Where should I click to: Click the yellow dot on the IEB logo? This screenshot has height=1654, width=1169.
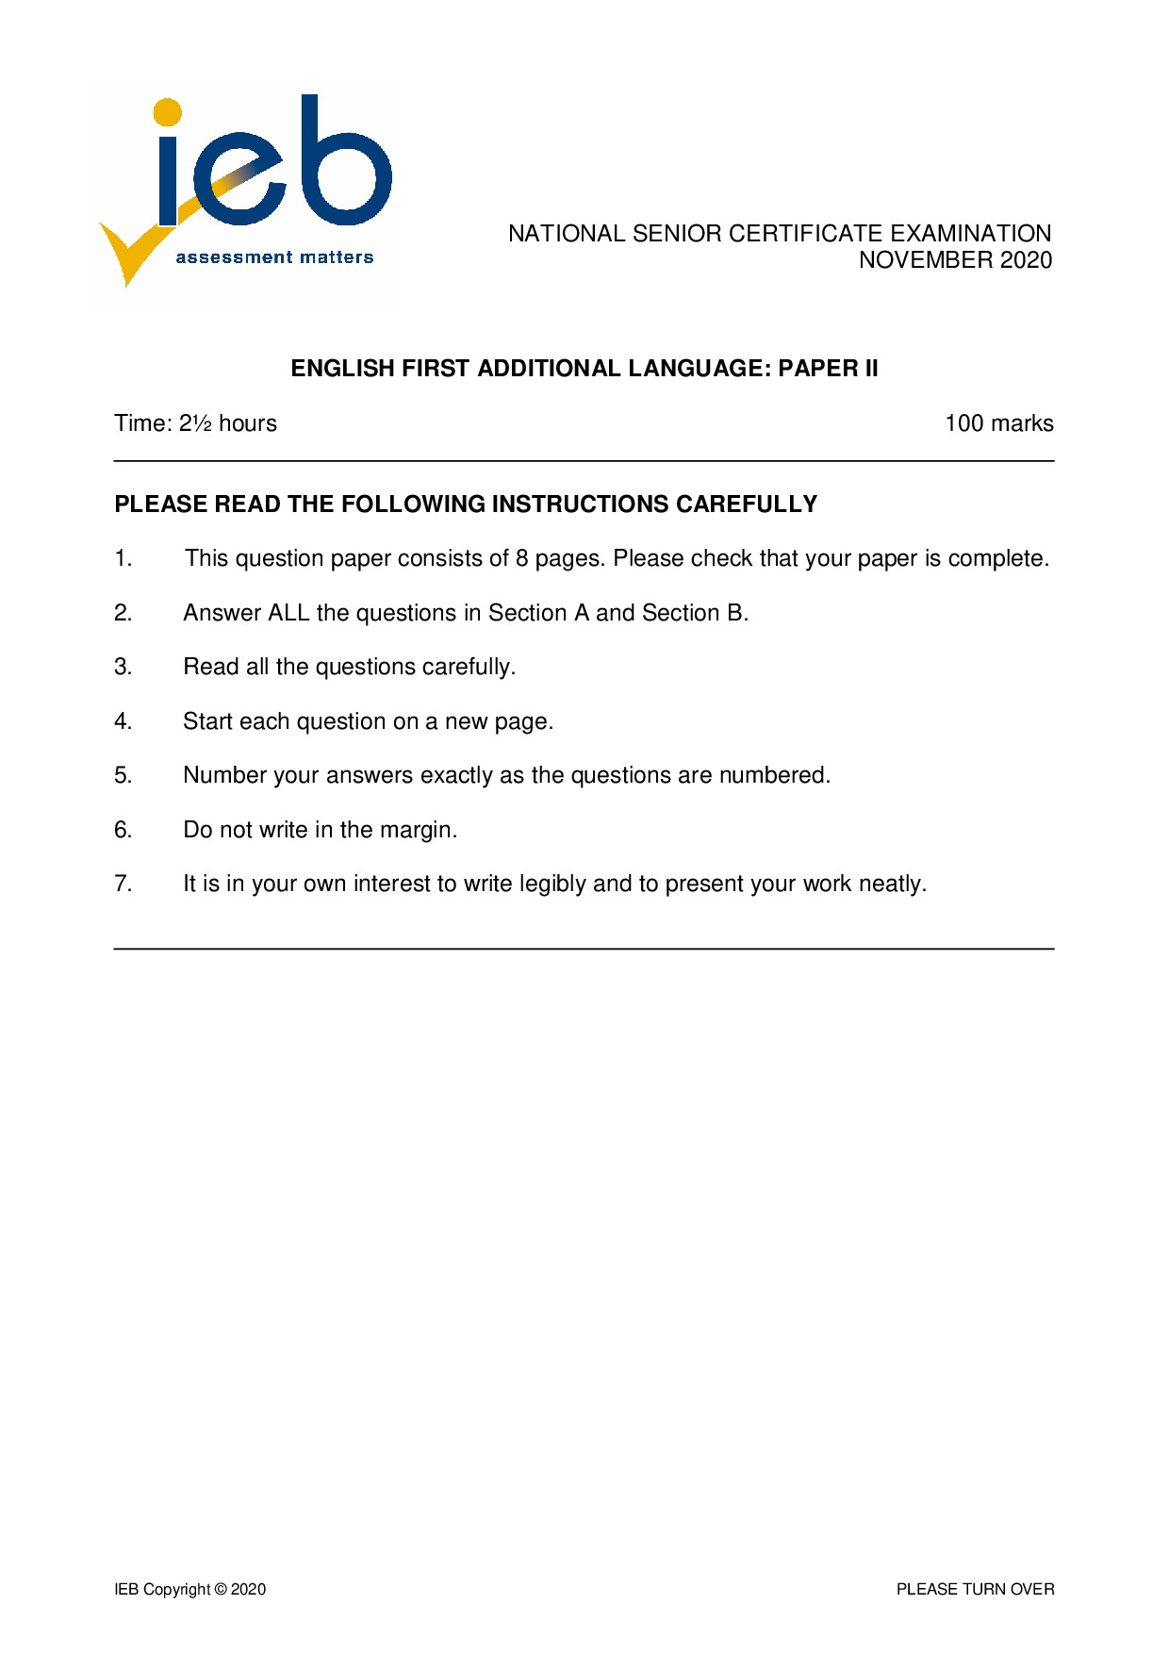(x=167, y=112)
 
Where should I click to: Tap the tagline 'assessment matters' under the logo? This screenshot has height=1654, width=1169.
(x=274, y=257)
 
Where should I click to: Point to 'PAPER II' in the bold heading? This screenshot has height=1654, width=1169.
(x=828, y=369)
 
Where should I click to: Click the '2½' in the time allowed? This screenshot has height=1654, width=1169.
(x=195, y=423)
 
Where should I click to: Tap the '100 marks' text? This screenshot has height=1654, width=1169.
(x=998, y=423)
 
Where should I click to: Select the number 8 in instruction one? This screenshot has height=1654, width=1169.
(x=521, y=558)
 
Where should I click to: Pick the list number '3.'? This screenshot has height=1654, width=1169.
(x=123, y=667)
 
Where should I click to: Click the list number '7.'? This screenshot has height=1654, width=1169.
(x=123, y=884)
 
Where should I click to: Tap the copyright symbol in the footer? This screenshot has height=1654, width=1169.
(x=221, y=1589)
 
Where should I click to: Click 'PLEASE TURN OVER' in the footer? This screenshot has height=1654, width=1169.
(x=975, y=1589)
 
